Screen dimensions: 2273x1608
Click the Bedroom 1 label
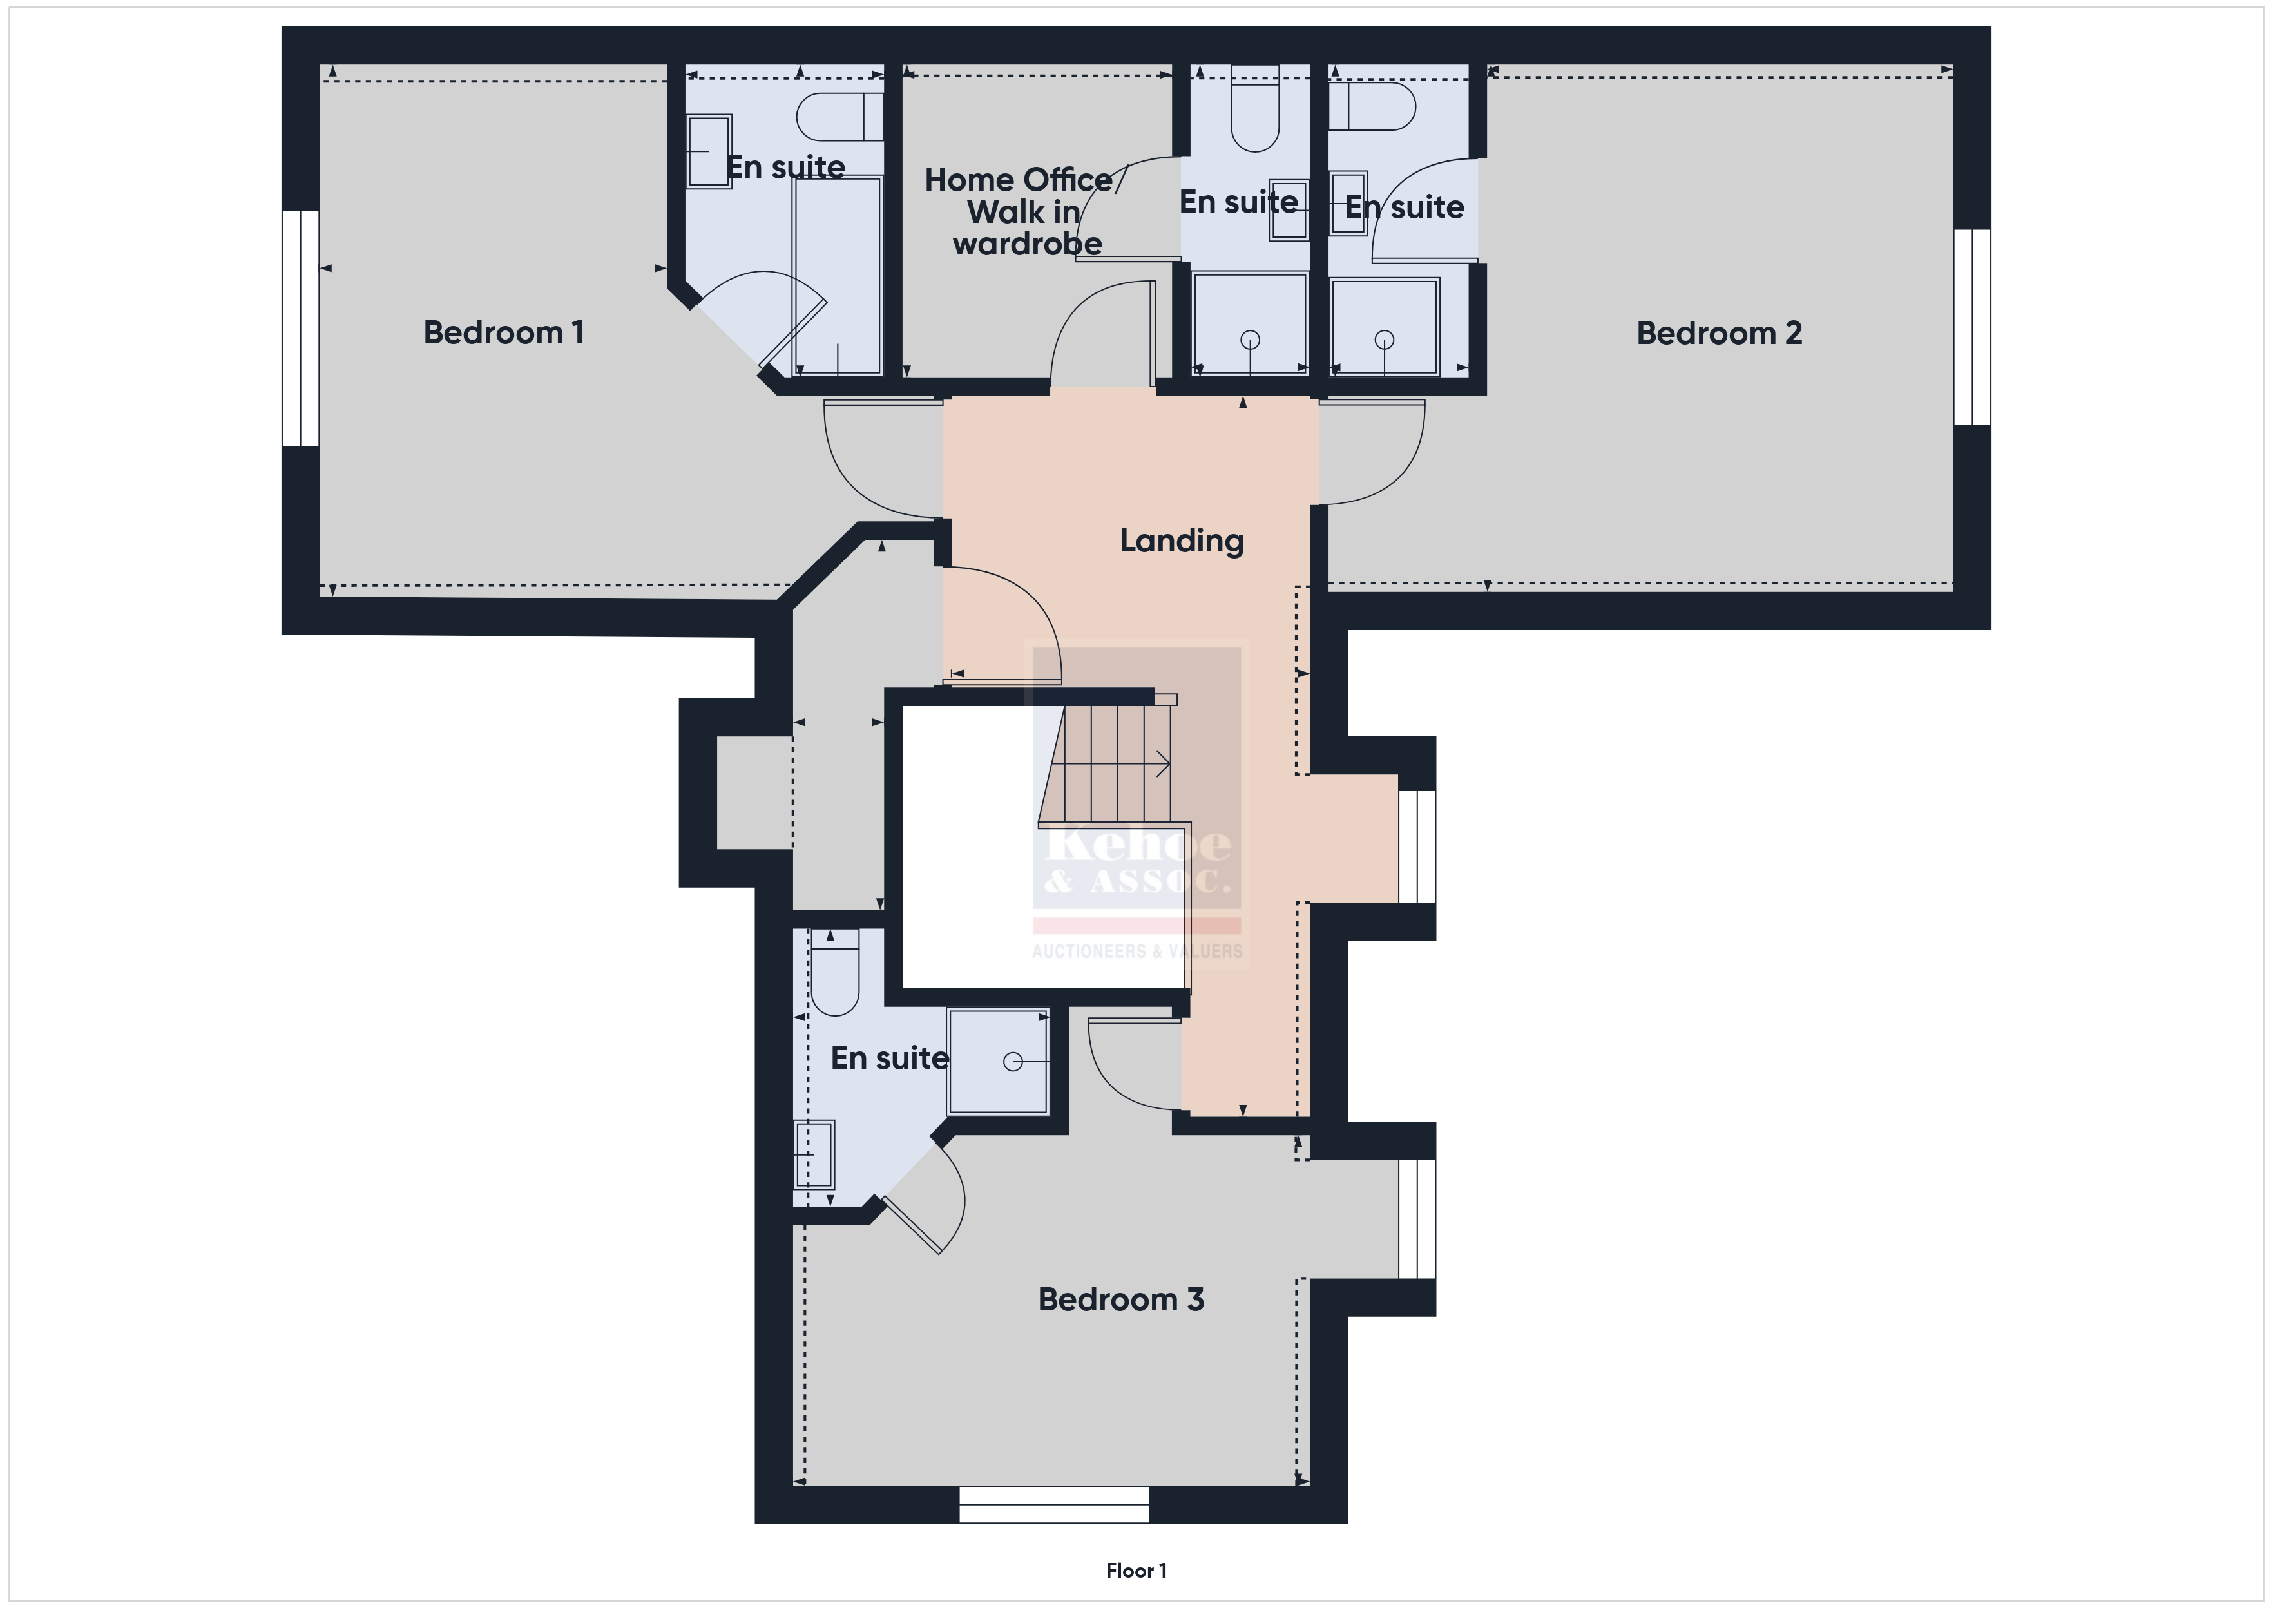pyautogui.click(x=503, y=332)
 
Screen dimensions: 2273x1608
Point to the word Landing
pyautogui.click(x=1181, y=541)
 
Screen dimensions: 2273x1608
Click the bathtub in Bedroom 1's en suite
pyautogui.click(x=836, y=275)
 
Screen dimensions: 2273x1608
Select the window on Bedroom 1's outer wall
pyautogui.click(x=300, y=328)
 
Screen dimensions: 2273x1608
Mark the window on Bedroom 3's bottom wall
pyautogui.click(x=1053, y=1504)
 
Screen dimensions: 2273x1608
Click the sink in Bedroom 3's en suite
pyautogui.click(x=814, y=1154)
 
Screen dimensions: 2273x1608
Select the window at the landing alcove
pyautogui.click(x=1417, y=847)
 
